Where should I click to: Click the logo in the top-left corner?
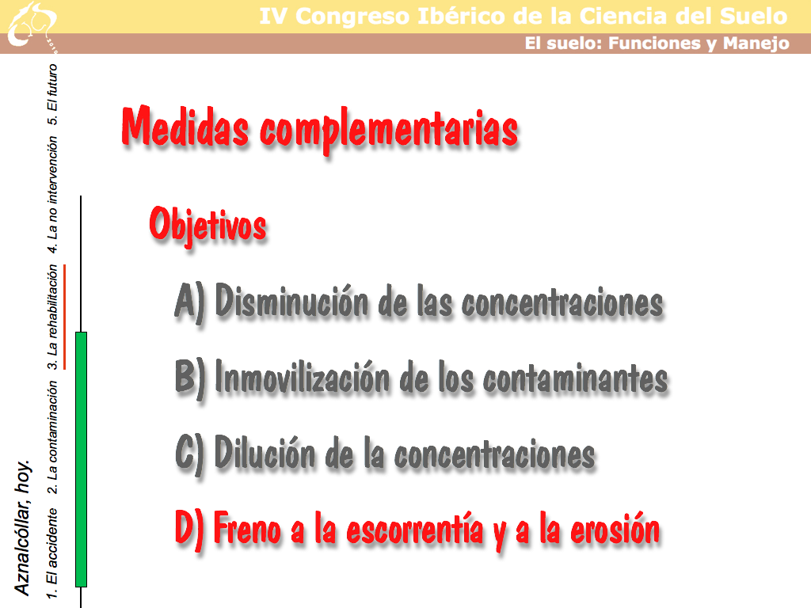tap(32, 26)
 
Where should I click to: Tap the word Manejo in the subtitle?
tap(756, 44)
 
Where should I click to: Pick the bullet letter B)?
tap(190, 378)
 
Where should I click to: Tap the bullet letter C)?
tap(190, 454)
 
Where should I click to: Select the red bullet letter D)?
tap(189, 529)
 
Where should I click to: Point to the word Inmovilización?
tap(302, 376)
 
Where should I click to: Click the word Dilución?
tap(265, 452)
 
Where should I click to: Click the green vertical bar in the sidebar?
tap(82, 460)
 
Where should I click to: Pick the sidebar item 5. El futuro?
tap(52, 94)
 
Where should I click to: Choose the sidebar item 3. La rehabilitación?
tap(52, 317)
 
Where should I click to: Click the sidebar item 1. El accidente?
tap(52, 553)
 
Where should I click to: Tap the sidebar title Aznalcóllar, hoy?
tap(22, 527)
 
